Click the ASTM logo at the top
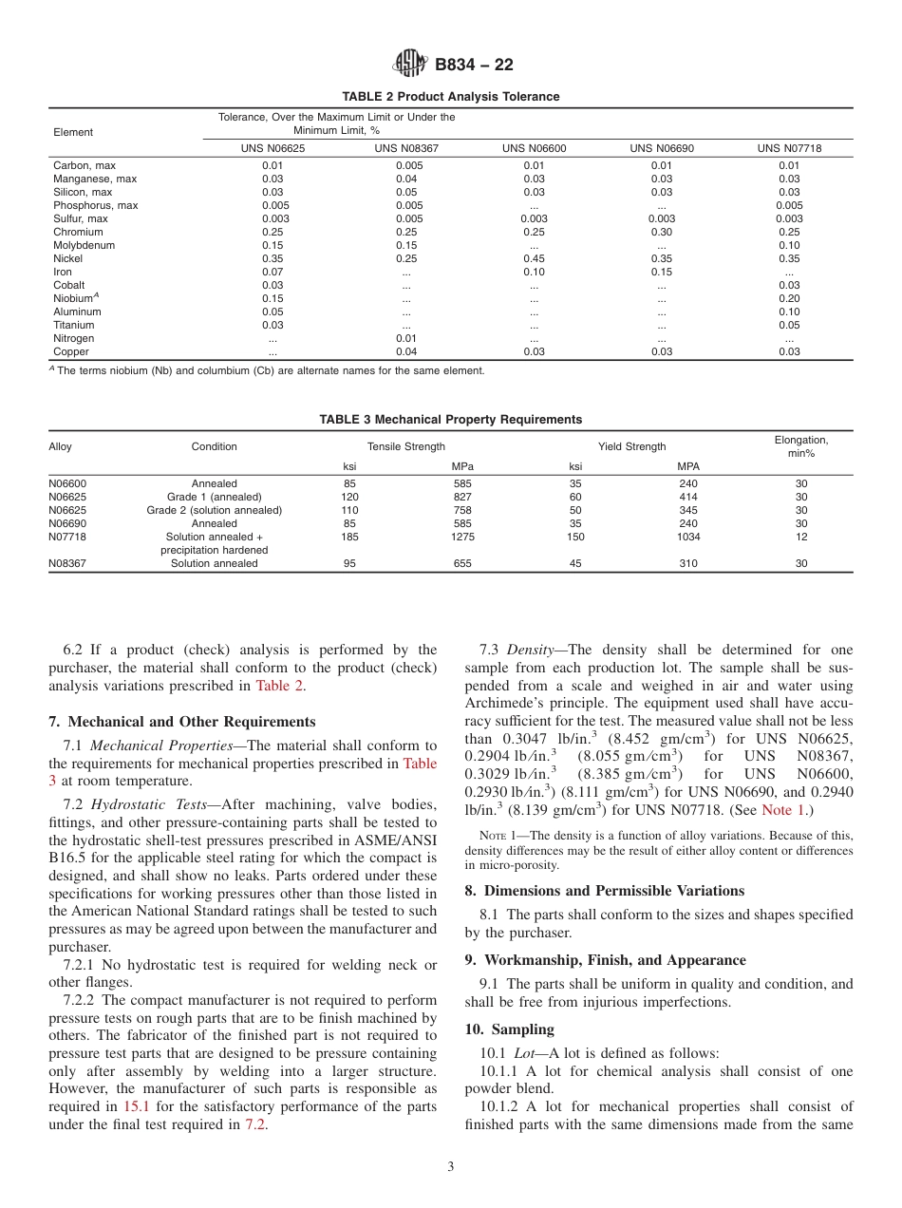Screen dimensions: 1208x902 click(411, 64)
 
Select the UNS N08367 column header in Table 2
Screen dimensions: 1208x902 click(406, 149)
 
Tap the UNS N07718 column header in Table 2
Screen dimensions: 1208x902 click(788, 149)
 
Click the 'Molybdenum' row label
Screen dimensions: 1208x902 click(84, 245)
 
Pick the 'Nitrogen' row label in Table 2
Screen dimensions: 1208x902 click(73, 338)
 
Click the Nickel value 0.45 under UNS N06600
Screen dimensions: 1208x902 click(534, 258)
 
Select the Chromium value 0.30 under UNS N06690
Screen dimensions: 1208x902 click(661, 232)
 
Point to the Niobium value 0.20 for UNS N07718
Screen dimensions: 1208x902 click(788, 298)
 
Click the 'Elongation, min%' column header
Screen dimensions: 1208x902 click(800, 446)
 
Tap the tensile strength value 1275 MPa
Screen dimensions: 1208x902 click(462, 537)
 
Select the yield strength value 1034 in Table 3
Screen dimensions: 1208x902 click(687, 537)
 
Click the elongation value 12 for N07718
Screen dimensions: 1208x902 click(800, 537)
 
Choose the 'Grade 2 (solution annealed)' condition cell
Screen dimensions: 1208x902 click(214, 510)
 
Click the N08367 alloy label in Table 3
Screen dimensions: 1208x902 click(67, 563)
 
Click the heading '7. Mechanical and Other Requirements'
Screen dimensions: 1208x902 click(182, 722)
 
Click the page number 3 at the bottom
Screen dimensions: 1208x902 click(451, 1167)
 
